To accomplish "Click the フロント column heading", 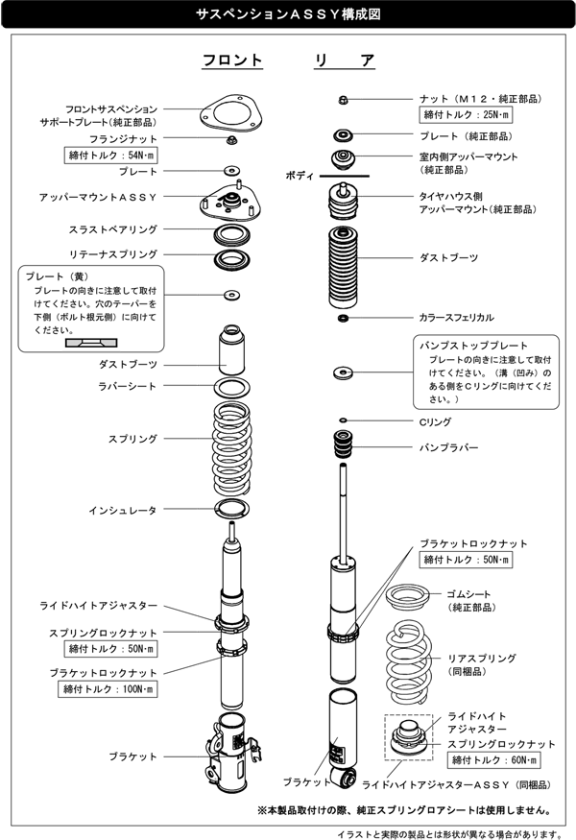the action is (232, 60).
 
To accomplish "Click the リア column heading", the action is (345, 60).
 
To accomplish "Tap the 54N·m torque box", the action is (111, 156).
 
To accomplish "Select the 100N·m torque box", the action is (108, 689).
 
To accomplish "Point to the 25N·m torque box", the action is (466, 114).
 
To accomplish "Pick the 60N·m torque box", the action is (494, 759).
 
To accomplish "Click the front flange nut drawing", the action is (231, 141).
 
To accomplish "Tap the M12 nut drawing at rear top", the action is (344, 100).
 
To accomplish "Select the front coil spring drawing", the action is (232, 448).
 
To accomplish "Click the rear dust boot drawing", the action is (343, 267).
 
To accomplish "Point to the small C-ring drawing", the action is (343, 420).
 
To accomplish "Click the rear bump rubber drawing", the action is (343, 444).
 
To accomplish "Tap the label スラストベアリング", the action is (113, 229).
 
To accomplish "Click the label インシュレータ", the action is (123, 511).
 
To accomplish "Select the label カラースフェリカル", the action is (457, 317).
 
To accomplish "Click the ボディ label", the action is (300, 176).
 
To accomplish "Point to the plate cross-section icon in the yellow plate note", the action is (91, 343).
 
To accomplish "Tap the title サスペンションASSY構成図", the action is (288, 14).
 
